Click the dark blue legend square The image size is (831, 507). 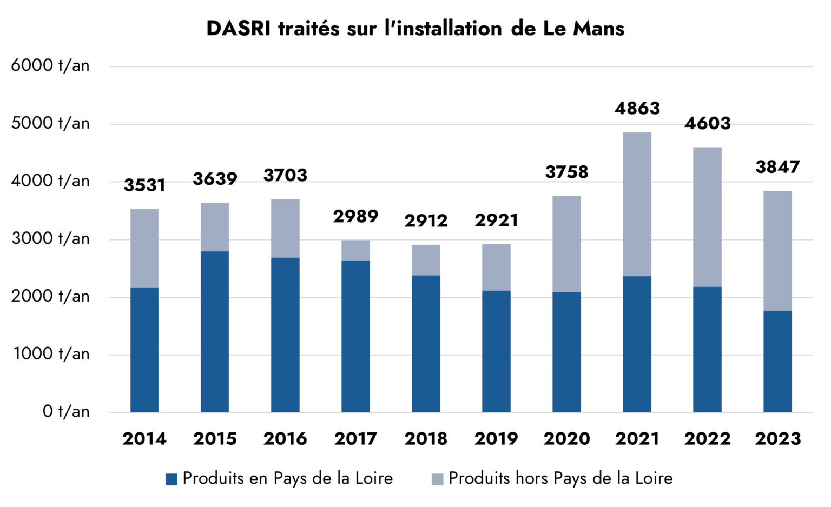[171, 479]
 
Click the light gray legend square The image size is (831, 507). [437, 479]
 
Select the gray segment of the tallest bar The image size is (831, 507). [637, 204]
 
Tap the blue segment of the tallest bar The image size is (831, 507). [637, 344]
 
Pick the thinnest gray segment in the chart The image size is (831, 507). [355, 250]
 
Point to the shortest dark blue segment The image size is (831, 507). [777, 361]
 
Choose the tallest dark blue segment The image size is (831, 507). [215, 331]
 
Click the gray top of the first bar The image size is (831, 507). [144, 248]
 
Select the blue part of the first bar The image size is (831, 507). [144, 350]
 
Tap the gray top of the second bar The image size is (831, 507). [215, 226]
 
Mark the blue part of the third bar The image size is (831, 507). [285, 335]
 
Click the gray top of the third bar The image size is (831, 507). [285, 228]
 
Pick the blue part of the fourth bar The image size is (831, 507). [355, 336]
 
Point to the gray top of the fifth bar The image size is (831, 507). [426, 259]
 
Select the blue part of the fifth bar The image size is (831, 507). [426, 344]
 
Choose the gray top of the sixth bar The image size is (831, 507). [496, 267]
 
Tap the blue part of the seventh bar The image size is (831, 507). [566, 352]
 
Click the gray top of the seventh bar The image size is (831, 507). [566, 244]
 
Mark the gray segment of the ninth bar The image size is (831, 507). [707, 217]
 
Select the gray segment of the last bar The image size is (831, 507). [777, 250]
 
